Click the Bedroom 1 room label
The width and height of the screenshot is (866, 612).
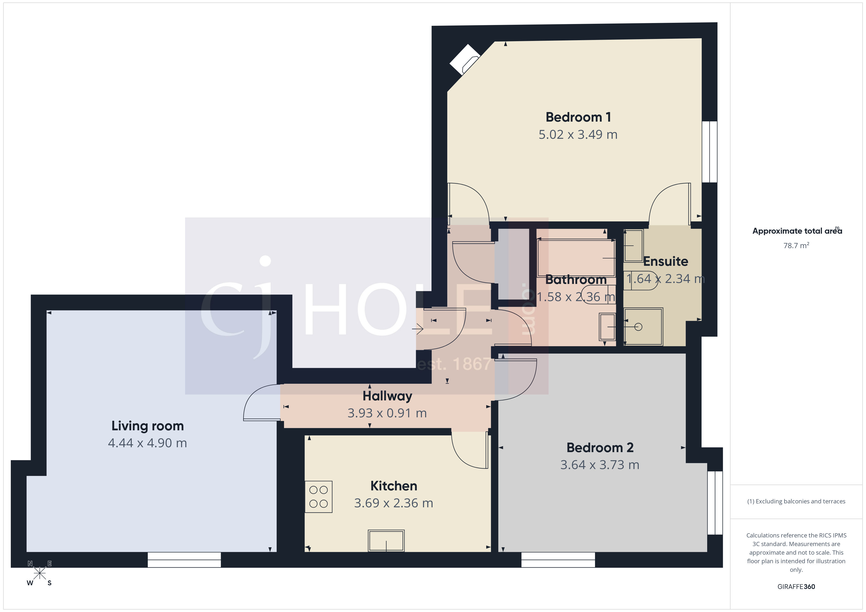click(578, 117)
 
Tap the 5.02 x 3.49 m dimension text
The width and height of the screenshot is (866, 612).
click(578, 135)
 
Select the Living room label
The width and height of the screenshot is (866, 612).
click(148, 426)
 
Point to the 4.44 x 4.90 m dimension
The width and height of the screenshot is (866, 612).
click(148, 443)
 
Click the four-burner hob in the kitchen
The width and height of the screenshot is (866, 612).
click(318, 497)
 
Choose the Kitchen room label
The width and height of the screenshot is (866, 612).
click(394, 486)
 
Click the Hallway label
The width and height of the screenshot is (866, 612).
click(387, 396)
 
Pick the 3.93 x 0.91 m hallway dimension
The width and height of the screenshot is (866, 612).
click(387, 413)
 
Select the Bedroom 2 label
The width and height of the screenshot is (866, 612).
click(600, 448)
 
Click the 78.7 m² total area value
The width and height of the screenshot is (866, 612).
click(796, 246)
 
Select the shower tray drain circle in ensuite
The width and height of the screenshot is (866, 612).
click(638, 327)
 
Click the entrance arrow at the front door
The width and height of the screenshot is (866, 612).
click(418, 329)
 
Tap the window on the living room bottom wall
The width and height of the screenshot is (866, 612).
click(184, 560)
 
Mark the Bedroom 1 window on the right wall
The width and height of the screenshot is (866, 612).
click(709, 152)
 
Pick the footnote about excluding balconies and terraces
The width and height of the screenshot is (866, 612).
click(796, 501)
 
